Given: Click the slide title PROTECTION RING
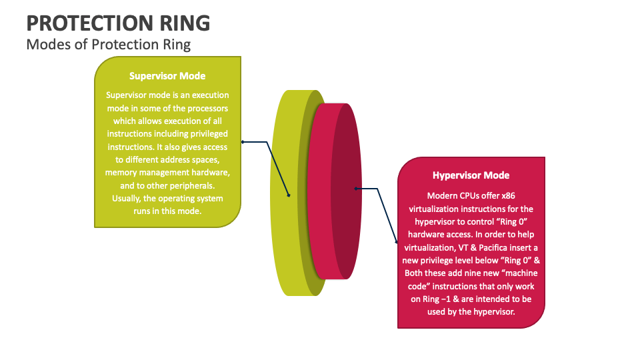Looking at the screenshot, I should point(118,23).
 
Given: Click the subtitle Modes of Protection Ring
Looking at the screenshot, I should point(108,45).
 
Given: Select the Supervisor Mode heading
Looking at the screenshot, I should point(167,76).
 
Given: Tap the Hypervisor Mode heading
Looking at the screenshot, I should point(471,175).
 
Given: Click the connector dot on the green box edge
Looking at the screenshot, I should point(242,141).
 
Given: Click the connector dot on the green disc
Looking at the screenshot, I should point(289,195).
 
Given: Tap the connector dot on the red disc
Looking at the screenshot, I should point(356,189).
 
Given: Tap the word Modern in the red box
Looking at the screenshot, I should point(443,195).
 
